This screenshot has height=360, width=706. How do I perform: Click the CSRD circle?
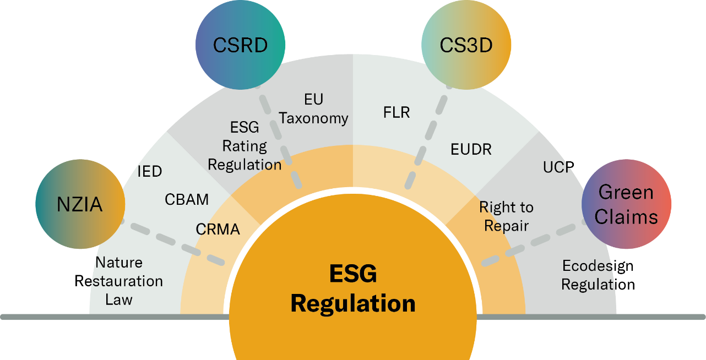240,45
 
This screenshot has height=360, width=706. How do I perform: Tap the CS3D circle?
466,45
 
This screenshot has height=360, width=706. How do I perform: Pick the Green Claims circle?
626,205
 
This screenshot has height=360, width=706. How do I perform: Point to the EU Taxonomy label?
313,109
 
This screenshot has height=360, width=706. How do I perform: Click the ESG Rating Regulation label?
245,146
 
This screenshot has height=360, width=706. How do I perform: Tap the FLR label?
397,113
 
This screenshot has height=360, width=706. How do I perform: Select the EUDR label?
471,149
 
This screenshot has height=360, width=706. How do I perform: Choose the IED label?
149,172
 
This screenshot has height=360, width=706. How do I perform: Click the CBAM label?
187,199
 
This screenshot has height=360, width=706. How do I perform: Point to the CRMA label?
218,229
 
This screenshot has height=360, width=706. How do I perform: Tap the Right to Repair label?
506,216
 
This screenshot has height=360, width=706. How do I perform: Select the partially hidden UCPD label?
557,167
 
